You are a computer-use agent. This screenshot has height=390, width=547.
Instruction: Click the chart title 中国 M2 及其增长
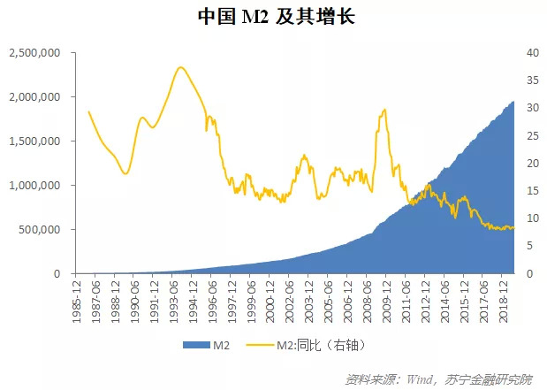point(274,17)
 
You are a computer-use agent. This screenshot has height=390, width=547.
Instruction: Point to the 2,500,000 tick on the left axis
point(34,53)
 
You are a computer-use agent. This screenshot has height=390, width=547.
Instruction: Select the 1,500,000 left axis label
point(34,141)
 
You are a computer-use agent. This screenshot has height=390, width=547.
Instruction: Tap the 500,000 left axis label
point(40,230)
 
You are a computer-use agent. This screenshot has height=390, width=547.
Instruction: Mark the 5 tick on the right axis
point(526,247)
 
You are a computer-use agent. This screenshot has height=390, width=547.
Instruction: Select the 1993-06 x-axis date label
point(174,299)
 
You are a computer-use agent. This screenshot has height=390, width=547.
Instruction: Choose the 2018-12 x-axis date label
point(505,299)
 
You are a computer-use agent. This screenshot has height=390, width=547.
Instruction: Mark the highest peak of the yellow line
point(180,67)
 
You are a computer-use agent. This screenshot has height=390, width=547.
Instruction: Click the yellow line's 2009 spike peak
point(384,110)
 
